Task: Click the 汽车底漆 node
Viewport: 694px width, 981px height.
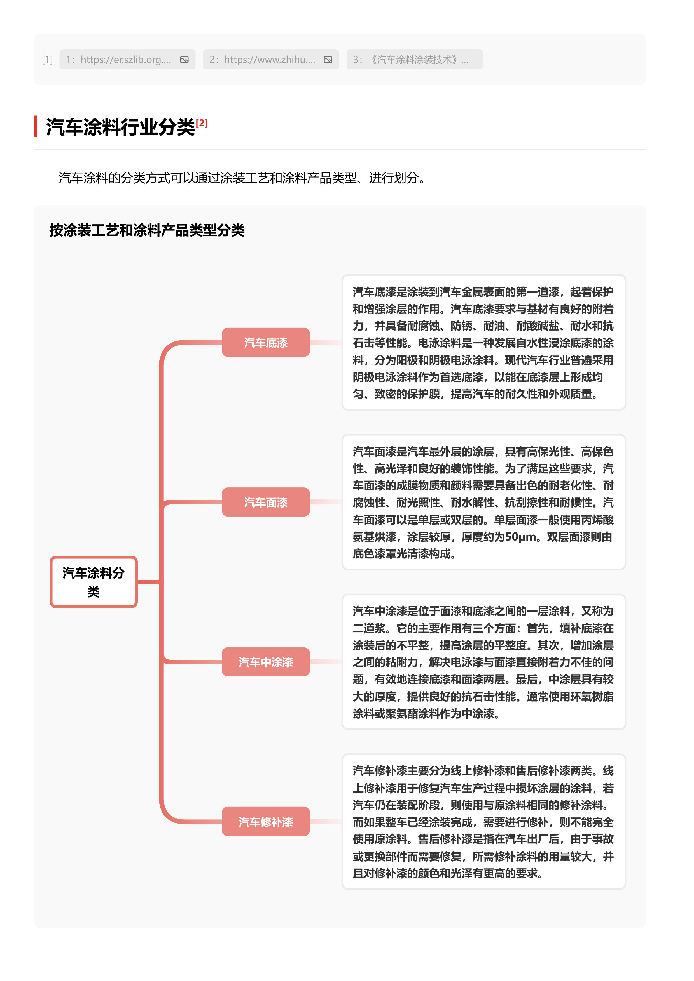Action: tap(266, 342)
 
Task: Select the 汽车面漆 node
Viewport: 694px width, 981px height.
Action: tap(266, 502)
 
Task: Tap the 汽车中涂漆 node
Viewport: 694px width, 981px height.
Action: tap(266, 662)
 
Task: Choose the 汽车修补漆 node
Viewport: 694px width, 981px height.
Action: tap(266, 821)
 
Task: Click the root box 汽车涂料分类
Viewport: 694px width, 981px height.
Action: tap(93, 581)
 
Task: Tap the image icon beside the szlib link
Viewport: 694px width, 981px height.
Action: tap(184, 60)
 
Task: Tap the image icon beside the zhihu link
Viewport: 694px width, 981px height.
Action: tap(328, 60)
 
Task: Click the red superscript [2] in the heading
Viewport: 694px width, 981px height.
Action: tap(201, 124)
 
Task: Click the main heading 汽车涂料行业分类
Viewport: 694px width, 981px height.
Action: tap(120, 127)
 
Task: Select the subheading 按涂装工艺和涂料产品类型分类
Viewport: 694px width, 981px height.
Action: tap(147, 230)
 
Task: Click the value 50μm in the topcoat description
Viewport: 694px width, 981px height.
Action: tap(520, 537)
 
